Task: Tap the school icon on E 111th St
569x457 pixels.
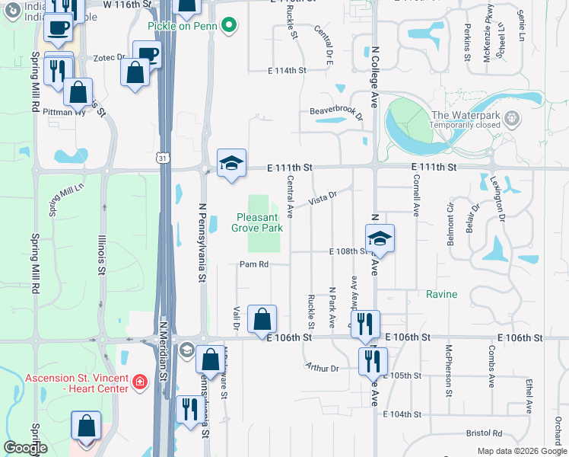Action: pyautogui.click(x=232, y=164)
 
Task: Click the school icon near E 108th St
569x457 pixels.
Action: pyautogui.click(x=380, y=239)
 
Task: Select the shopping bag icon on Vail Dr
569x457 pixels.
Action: pyautogui.click(x=262, y=320)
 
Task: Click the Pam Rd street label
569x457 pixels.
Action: pyautogui.click(x=254, y=265)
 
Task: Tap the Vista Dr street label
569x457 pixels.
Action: pyautogui.click(x=322, y=199)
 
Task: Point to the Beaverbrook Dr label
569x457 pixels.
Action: pyautogui.click(x=335, y=111)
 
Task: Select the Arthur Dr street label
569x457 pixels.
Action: pyautogui.click(x=322, y=368)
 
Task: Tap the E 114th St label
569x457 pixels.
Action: pyautogui.click(x=287, y=70)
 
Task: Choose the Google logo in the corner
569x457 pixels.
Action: pyautogui.click(x=25, y=448)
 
